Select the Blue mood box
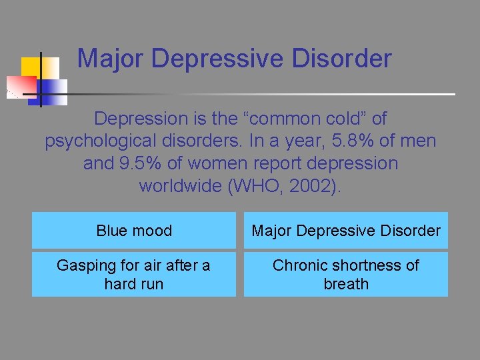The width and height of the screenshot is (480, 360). tap(134, 231)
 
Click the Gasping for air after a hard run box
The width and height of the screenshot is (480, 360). tap(134, 274)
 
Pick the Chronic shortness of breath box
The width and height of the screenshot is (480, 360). tap(345, 274)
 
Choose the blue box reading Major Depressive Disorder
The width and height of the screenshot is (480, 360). tap(345, 231)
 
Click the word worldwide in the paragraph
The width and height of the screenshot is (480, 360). tap(181, 185)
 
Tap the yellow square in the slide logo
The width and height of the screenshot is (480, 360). tap(32, 67)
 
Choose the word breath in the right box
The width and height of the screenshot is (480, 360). tap(346, 283)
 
